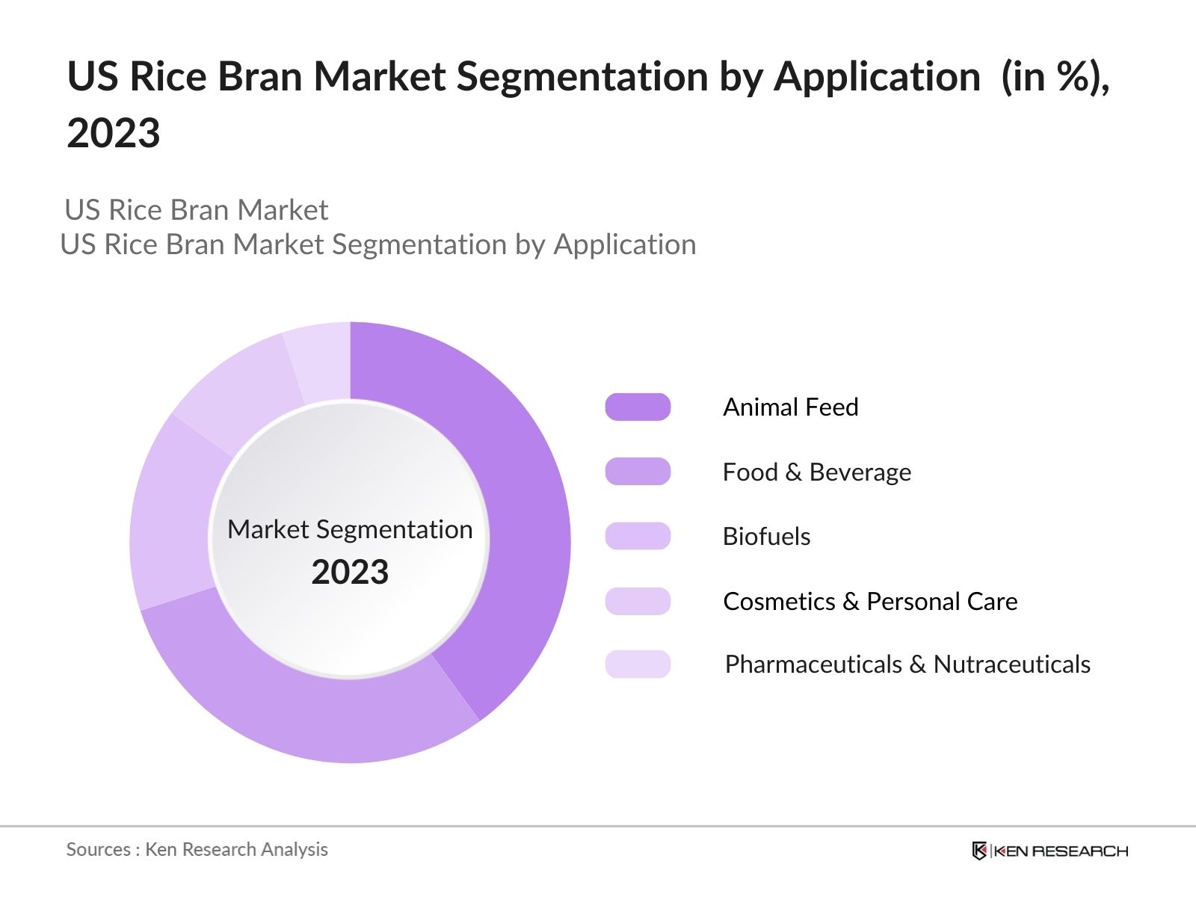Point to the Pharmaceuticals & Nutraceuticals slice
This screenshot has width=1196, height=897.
pyautogui.click(x=321, y=360)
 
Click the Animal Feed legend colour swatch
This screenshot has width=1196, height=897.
pyautogui.click(x=638, y=407)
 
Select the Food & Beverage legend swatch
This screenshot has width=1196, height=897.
pyautogui.click(x=638, y=471)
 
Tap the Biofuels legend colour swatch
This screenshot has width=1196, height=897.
pyautogui.click(x=638, y=536)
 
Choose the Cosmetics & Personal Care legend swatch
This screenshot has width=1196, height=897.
pyautogui.click(x=638, y=601)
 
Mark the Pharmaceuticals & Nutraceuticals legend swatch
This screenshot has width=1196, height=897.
pyautogui.click(x=638, y=664)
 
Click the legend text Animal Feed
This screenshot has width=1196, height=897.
pyautogui.click(x=791, y=407)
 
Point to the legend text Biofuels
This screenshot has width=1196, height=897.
pyautogui.click(x=767, y=537)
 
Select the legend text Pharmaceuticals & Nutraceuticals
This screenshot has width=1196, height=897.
pyautogui.click(x=907, y=665)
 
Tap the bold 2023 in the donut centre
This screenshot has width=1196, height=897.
pyautogui.click(x=350, y=572)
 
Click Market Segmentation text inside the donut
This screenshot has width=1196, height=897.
pyautogui.click(x=350, y=529)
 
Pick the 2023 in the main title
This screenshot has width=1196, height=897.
pyautogui.click(x=114, y=133)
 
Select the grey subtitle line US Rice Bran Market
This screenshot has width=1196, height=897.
pyautogui.click(x=196, y=210)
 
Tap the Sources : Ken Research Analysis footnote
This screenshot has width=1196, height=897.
pyautogui.click(x=197, y=850)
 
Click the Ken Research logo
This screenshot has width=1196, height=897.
pyautogui.click(x=1050, y=851)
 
